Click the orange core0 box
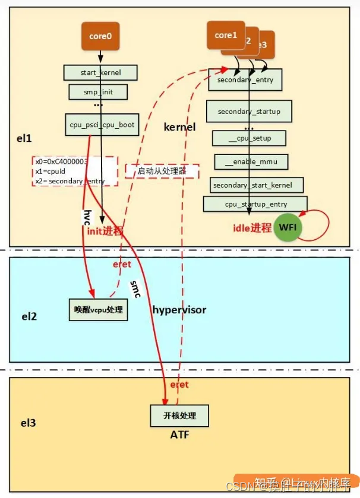pyautogui.click(x=100, y=36)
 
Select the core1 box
pyautogui.click(x=226, y=36)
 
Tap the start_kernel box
pyautogui.click(x=100, y=73)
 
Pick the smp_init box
pyautogui.click(x=98, y=92)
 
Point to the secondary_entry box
pyautogui.click(x=245, y=80)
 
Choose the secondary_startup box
pyautogui.click(x=249, y=112)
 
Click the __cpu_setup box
pyautogui.click(x=250, y=138)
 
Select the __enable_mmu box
pyautogui.click(x=251, y=161)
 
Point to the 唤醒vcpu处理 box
pyautogui.click(x=98, y=310)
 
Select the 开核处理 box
pyautogui.click(x=179, y=415)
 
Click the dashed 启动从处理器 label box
pyautogui.click(x=162, y=172)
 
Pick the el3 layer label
pyautogui.click(x=29, y=423)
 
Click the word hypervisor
pyautogui.click(x=179, y=310)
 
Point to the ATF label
pyautogui.click(x=179, y=436)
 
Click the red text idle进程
pyautogui.click(x=252, y=227)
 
